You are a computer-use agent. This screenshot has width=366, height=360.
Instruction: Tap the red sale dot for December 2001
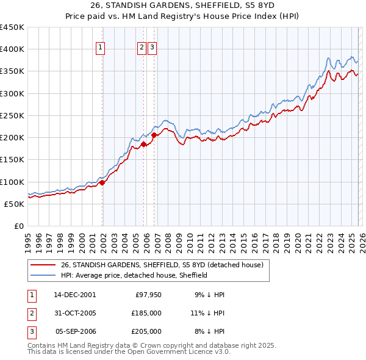point(102,182)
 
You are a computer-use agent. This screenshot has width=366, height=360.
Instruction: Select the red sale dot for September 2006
point(154,135)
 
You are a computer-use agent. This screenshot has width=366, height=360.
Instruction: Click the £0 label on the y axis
point(18,226)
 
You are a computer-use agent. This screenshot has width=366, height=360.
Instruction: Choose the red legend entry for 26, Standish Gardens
point(162,265)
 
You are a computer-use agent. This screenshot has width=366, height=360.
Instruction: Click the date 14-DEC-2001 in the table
point(74,294)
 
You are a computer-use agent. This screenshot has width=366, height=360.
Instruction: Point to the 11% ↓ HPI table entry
point(209,313)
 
